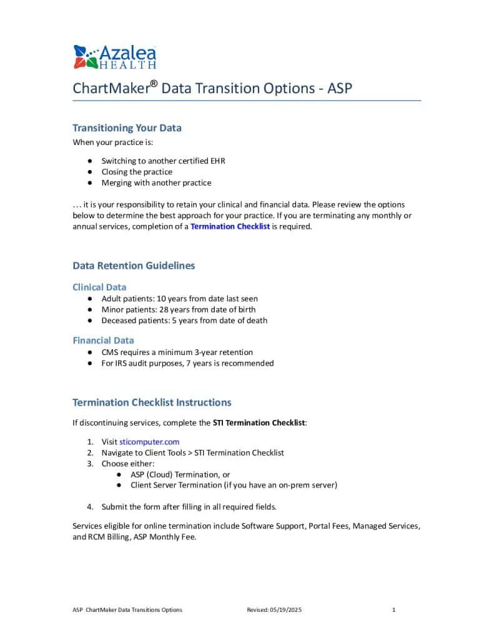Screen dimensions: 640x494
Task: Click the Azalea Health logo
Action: click(x=114, y=56)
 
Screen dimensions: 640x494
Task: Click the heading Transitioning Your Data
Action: click(x=127, y=128)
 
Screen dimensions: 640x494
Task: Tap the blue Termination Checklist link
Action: click(x=230, y=226)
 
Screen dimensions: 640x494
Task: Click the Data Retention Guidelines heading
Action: click(x=134, y=266)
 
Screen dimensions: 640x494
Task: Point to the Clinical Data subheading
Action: click(x=99, y=287)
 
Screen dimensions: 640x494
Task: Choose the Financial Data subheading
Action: click(x=103, y=341)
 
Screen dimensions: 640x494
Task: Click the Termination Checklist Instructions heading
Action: click(x=152, y=402)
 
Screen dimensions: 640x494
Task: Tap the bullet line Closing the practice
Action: click(x=137, y=172)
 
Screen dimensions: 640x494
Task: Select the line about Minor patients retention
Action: click(x=178, y=309)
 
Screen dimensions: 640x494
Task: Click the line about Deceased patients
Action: click(x=184, y=321)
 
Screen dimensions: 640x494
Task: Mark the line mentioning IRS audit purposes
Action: click(x=187, y=363)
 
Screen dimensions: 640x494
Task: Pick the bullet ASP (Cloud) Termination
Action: click(x=180, y=474)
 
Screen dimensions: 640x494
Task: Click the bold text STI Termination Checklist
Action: click(x=259, y=423)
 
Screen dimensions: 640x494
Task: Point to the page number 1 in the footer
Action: click(x=394, y=609)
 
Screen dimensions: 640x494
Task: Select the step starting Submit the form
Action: click(x=189, y=507)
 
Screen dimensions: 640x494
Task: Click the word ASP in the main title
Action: click(x=340, y=88)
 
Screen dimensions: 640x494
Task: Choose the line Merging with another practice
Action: click(x=156, y=183)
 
